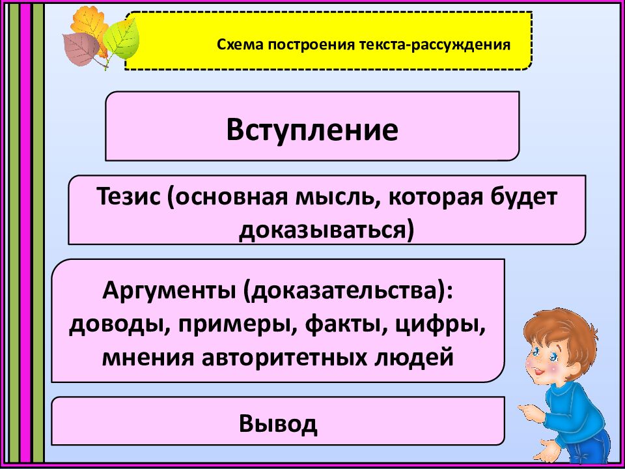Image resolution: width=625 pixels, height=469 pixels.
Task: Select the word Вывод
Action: click(278, 423)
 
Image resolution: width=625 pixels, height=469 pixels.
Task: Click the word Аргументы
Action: click(169, 291)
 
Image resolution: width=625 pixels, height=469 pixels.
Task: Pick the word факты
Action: click(356, 324)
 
